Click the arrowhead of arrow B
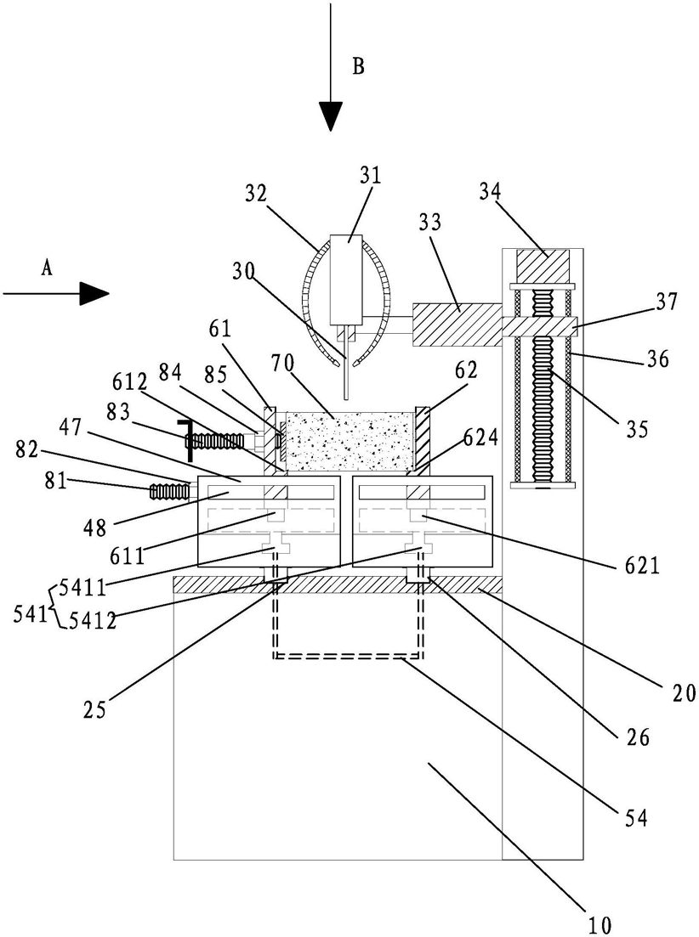(x=330, y=116)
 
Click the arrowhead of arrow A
(x=94, y=293)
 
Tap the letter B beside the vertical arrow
(x=358, y=66)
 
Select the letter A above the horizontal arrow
(x=47, y=269)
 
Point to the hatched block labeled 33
(x=457, y=324)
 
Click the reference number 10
(x=600, y=925)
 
